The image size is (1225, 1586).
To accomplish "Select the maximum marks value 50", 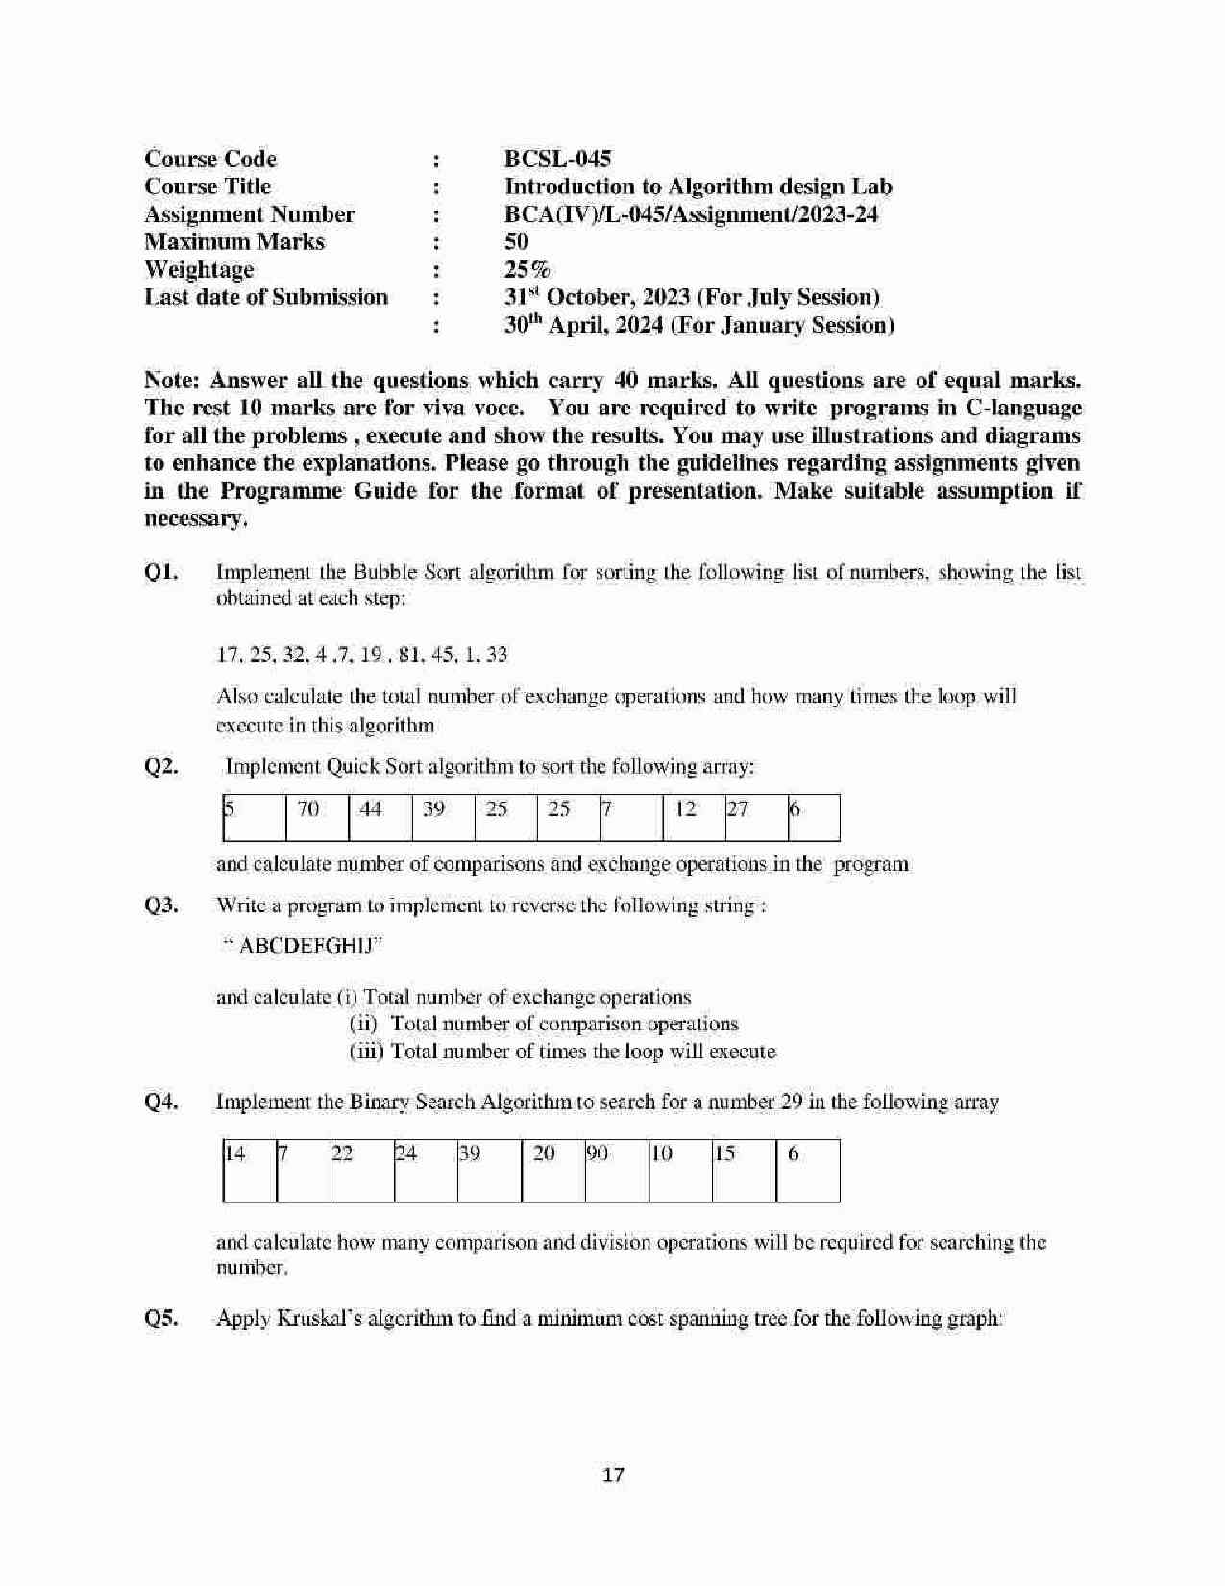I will coord(517,241).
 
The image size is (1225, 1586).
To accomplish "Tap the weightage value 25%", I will coord(527,269).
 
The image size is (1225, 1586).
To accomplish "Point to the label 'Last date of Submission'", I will coord(266,297).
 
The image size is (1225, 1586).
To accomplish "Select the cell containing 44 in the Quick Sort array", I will coord(379,817).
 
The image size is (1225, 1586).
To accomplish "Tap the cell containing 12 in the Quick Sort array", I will coord(692,817).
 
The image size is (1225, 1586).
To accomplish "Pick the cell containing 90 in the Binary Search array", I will coord(617,1170).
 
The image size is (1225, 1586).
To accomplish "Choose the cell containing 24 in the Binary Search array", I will coord(426,1170).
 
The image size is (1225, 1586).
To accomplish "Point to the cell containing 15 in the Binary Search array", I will coord(744,1170).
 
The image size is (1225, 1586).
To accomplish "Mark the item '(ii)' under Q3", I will coord(365,1024).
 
